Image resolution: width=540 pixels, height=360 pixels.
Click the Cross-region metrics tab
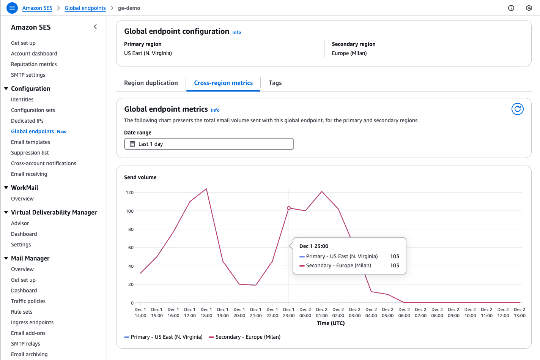[x=223, y=83]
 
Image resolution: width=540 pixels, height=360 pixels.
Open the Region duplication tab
[x=151, y=83]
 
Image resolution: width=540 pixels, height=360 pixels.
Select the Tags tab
[x=275, y=83]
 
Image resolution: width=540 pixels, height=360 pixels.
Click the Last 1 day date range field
[x=209, y=144]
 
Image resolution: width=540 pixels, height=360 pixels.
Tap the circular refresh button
[x=517, y=109]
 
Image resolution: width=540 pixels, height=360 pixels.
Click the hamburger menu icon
[x=12, y=8]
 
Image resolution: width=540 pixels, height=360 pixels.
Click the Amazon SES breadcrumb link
[x=37, y=8]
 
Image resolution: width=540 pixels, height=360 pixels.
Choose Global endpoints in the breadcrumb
[x=85, y=8]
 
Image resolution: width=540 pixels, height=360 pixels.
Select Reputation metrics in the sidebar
[x=34, y=64]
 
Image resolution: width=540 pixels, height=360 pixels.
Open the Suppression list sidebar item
[x=30, y=153]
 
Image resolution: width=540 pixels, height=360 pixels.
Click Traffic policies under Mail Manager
[x=28, y=301]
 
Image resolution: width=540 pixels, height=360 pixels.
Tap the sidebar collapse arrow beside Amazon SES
[x=95, y=27]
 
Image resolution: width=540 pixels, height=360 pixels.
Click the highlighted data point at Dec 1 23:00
[x=289, y=208]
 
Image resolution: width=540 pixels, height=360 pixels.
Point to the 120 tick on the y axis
[x=130, y=193]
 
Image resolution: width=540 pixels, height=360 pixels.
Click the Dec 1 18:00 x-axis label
[x=206, y=313]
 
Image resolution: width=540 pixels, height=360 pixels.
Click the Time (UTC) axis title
[x=331, y=323]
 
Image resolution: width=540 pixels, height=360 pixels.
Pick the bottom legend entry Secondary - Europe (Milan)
[x=247, y=337]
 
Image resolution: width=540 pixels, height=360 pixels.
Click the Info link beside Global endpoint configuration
[x=236, y=32]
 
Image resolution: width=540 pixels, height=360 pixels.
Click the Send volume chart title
[x=140, y=177]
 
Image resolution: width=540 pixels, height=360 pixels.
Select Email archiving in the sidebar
[x=29, y=354]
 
